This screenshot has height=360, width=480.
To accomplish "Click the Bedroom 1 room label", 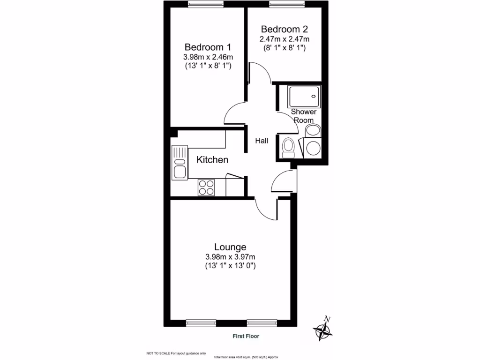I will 208,47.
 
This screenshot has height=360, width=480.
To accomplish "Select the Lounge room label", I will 230,247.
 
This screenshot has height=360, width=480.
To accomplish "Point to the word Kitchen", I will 212,160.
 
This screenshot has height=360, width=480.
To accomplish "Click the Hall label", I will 262,141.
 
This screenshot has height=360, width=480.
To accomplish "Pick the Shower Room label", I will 304,116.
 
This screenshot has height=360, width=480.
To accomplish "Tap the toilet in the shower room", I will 288,148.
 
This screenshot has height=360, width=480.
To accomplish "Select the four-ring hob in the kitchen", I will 206,187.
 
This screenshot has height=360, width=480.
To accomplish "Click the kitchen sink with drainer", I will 180,162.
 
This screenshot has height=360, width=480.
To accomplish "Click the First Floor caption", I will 246,336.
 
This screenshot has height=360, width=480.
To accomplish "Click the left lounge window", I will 201,322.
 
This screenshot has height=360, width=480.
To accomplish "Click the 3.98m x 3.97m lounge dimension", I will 230,257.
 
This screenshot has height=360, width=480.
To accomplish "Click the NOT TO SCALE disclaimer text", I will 176,353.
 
